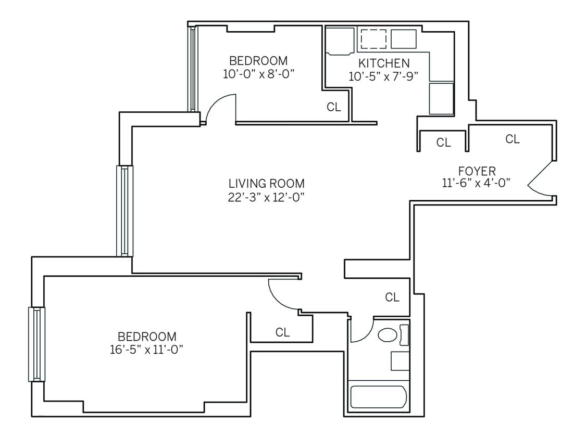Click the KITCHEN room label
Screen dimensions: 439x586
pos(383,63)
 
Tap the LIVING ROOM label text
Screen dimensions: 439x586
pos(266,184)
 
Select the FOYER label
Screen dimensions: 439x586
pos(477,171)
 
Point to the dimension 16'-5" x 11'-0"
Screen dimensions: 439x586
pos(146,350)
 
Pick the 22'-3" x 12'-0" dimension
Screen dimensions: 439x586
pos(266,197)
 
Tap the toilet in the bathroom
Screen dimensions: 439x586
pos(388,334)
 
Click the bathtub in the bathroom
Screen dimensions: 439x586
pos(378,397)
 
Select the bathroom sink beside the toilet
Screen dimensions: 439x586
pos(400,360)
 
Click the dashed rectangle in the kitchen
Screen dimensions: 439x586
pos(373,39)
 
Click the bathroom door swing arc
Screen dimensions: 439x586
pos(361,332)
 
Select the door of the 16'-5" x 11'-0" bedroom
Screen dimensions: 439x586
pos(283,294)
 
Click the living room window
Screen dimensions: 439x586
pos(124,211)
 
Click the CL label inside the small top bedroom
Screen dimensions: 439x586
pos(333,107)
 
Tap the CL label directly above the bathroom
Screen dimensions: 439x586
pos(392,298)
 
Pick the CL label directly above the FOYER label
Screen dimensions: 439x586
pos(513,139)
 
